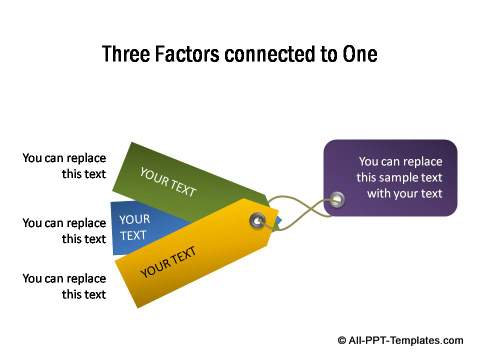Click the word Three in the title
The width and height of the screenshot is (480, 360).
127,54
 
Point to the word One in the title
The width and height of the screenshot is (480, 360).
359,54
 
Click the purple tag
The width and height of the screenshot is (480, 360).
391,178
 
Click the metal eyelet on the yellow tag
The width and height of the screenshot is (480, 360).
259,220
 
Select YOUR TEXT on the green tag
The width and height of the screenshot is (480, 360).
168,182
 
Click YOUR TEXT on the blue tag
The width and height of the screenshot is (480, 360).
133,227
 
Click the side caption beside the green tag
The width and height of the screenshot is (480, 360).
64,165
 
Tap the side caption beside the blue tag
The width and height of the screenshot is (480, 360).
64,231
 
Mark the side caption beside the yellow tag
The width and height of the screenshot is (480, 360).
64,286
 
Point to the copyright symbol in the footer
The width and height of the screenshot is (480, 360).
343,340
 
